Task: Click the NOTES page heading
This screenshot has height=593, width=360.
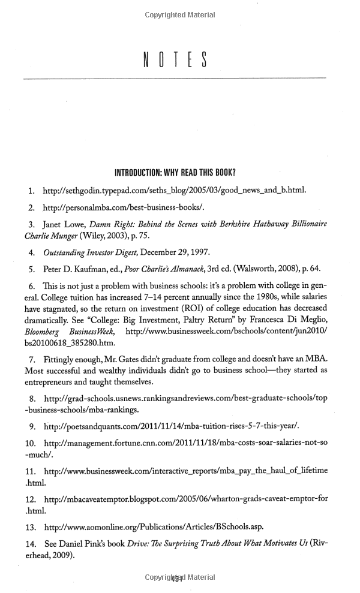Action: point(175,60)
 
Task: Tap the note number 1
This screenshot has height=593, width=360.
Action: point(31,191)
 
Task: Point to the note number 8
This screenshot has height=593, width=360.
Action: point(31,399)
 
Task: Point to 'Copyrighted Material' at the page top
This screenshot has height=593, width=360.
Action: point(179,14)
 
